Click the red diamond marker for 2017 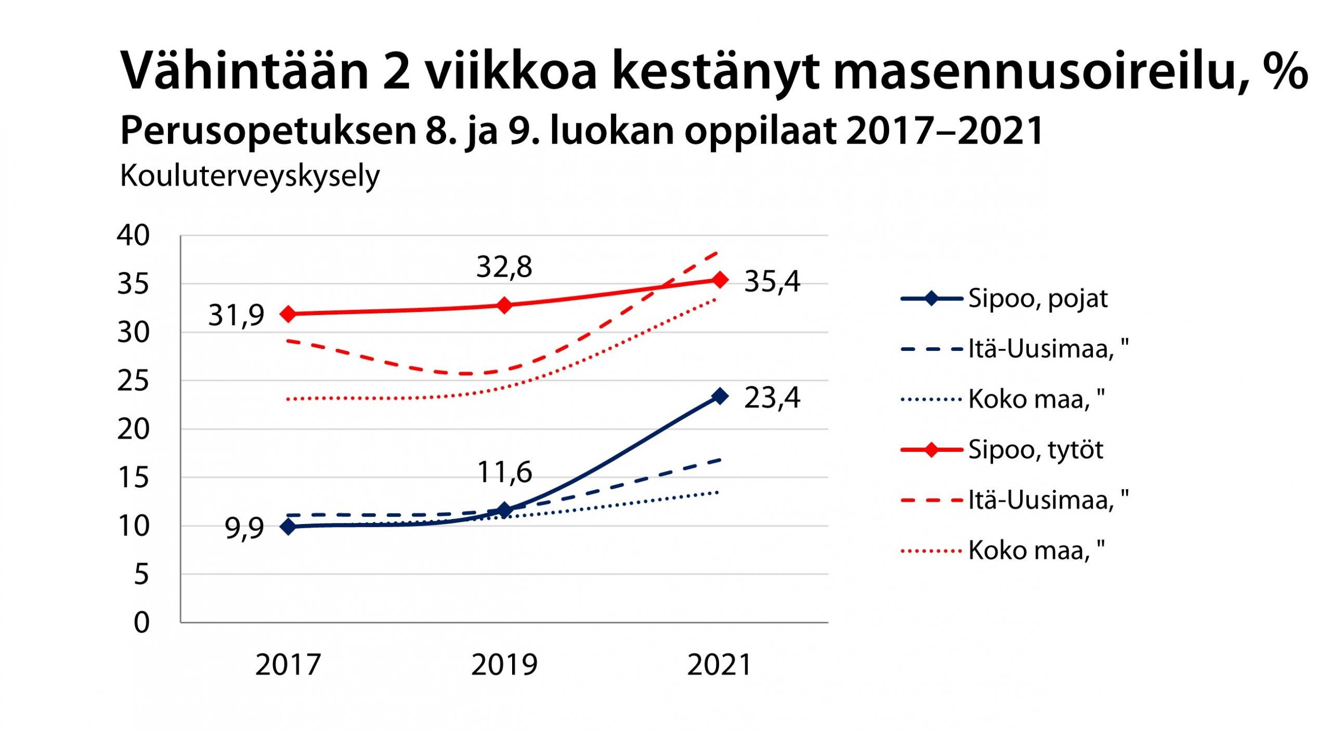288,314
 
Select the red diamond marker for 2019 504,305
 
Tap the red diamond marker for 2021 720,280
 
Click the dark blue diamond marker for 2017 288,527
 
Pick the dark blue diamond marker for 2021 720,396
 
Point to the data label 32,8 504,267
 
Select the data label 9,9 244,529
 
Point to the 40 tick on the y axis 133,236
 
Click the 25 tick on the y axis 133,381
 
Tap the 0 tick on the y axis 141,622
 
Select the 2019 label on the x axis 504,665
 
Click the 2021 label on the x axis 720,665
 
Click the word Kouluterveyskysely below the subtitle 250,177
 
